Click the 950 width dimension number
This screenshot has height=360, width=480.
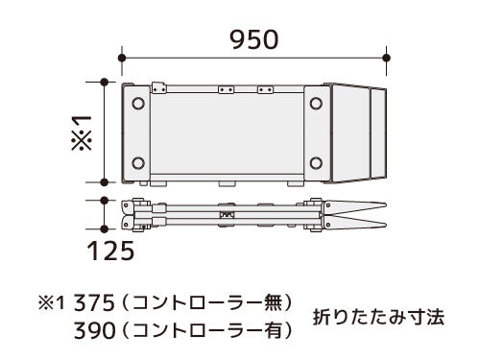pyautogui.click(x=254, y=39)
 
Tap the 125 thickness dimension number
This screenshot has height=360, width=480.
pyautogui.click(x=110, y=251)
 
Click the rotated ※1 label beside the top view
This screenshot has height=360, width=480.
pyautogui.click(x=82, y=132)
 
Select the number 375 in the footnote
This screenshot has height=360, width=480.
pyautogui.click(x=94, y=303)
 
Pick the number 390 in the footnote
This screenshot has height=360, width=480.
pyautogui.click(x=94, y=330)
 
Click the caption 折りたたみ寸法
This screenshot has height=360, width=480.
pyautogui.click(x=378, y=317)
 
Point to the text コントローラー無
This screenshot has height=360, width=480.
pyautogui.click(x=207, y=302)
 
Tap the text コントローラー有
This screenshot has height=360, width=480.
pyautogui.click(x=207, y=330)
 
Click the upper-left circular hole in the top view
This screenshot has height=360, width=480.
pyautogui.click(x=138, y=104)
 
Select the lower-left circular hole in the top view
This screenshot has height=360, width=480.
pyautogui.click(x=138, y=163)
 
